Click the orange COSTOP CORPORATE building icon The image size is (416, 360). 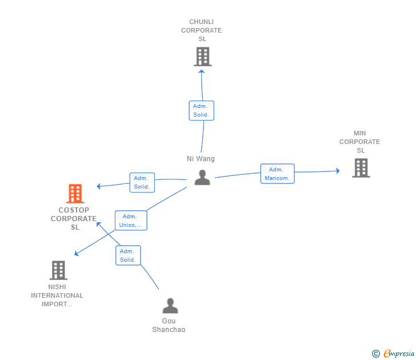[75, 194]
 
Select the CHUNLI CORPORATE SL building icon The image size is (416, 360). [202, 57]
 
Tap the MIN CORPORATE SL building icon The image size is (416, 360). [361, 168]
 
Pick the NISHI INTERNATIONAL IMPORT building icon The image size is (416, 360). [58, 270]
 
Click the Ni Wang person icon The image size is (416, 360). [202, 178]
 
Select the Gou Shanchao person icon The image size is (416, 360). [170, 306]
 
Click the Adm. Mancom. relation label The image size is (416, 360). [277, 174]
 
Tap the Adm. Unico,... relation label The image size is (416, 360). [131, 221]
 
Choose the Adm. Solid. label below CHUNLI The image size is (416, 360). [201, 110]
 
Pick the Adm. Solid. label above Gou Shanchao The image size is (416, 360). [127, 255]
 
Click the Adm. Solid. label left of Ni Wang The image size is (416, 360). [142, 182]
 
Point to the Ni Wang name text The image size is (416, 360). [201, 159]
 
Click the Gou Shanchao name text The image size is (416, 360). [169, 325]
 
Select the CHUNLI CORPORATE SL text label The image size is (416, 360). [202, 30]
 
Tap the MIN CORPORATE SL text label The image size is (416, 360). [359, 142]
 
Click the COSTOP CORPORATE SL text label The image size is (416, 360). [74, 218]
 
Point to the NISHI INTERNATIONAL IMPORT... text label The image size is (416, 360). [57, 295]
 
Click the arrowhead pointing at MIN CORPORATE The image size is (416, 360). [338, 170]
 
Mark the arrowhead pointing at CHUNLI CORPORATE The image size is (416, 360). [201, 70]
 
